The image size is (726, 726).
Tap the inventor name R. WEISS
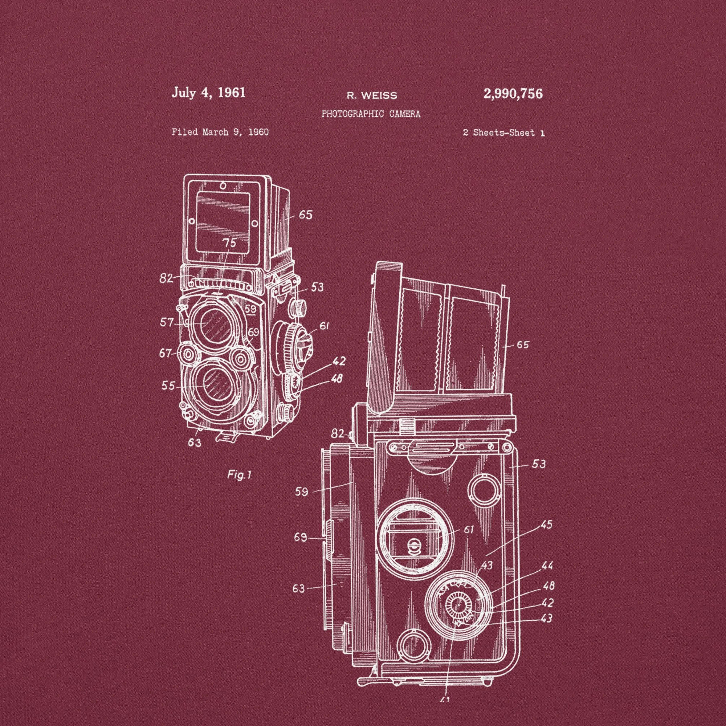tap(371, 96)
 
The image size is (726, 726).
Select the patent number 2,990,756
tap(513, 94)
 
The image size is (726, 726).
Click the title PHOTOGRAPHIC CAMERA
tap(371, 114)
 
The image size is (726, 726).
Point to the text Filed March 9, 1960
tap(220, 132)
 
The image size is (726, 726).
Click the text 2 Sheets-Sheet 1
tap(503, 132)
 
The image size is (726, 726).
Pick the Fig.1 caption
tap(239, 475)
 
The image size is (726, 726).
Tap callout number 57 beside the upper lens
tap(167, 322)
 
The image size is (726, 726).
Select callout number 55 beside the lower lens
tap(168, 386)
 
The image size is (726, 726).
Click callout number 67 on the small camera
tap(165, 353)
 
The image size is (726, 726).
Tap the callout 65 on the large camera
tap(522, 344)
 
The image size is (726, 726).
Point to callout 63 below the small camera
tap(195, 442)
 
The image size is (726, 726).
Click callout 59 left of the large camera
tap(302, 491)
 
